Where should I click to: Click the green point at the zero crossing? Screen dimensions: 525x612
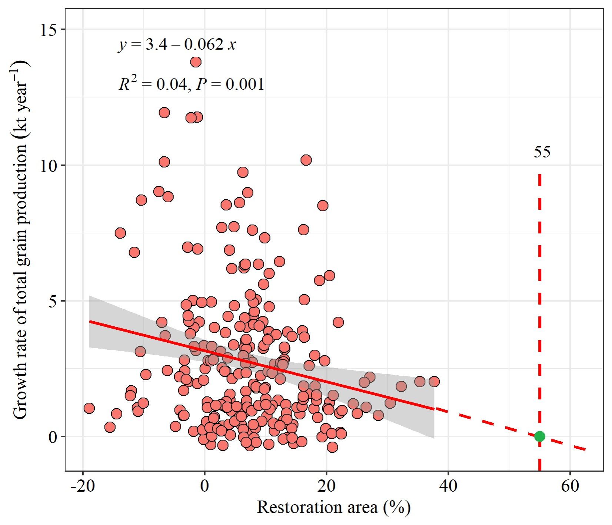click(539, 436)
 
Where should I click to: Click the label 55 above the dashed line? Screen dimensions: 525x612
click(542, 152)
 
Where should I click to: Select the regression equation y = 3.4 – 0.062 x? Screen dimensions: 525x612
click(177, 45)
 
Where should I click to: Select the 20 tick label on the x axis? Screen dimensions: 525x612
click(326, 486)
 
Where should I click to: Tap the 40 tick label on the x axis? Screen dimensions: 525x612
click(448, 486)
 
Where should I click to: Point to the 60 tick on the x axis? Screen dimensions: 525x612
click(570, 486)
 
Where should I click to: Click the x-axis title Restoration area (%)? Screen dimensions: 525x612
click(333, 507)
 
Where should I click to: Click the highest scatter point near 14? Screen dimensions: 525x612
click(196, 62)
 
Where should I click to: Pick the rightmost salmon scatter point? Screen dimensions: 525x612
click(434, 381)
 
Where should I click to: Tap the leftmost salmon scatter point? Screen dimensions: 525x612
click(89, 408)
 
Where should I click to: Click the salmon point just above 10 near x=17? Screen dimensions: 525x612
click(306, 160)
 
